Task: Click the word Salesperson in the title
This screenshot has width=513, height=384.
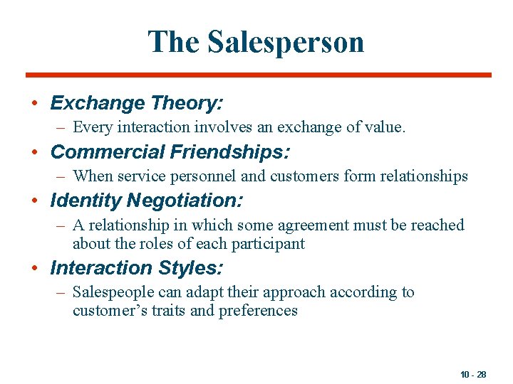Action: point(286,42)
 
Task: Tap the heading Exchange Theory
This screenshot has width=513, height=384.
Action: point(137,103)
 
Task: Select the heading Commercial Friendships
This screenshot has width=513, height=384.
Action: point(170,152)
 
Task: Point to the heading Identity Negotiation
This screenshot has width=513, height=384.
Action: point(147,201)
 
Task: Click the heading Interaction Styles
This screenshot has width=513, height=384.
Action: point(137,268)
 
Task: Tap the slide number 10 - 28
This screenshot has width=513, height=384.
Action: point(473,374)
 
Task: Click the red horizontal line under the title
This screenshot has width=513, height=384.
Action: point(258,75)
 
